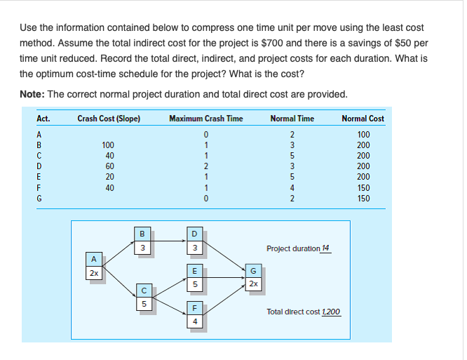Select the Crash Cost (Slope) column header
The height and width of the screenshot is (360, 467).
coord(109,118)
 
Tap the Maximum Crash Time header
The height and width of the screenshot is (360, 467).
coord(206,118)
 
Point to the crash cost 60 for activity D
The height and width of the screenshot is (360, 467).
coord(109,166)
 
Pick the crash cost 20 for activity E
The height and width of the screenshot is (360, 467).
coord(109,177)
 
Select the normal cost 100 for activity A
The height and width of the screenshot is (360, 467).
coord(363,135)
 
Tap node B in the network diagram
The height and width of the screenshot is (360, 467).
coord(143,241)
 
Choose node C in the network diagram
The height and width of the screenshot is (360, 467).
coord(143,298)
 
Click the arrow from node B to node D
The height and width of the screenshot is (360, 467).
coord(168,241)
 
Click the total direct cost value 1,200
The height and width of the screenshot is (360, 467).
coord(331,311)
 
